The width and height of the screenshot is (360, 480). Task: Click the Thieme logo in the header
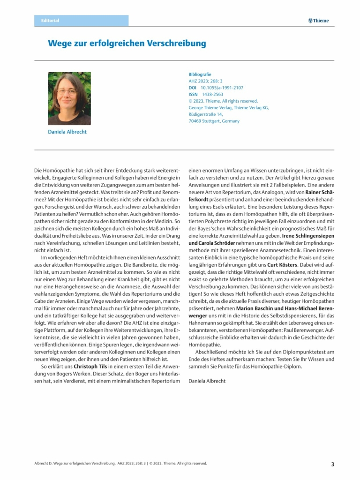pyautogui.click(x=319, y=21)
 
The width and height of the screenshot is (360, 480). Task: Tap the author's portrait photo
pyautogui.click(x=69, y=98)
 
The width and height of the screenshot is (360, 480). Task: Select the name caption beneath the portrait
pyautogui.click(x=67, y=132)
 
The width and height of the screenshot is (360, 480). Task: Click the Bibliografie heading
pyautogui.click(x=200, y=74)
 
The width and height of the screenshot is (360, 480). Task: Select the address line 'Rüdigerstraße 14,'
pyautogui.click(x=205, y=114)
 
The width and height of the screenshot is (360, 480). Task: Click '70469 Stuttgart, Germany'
pyautogui.click(x=214, y=121)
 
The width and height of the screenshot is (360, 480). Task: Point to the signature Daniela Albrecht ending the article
pyautogui.click(x=207, y=381)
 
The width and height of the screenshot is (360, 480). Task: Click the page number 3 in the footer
pyautogui.click(x=332, y=464)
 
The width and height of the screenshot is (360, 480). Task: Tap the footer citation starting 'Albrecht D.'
pyautogui.click(x=120, y=464)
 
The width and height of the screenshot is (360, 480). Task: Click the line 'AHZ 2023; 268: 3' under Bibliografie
pyautogui.click(x=205, y=81)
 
